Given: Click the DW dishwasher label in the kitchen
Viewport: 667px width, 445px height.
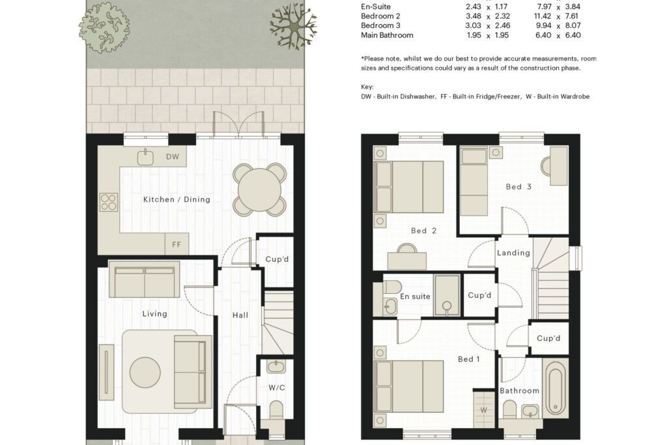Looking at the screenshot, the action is tap(173, 157).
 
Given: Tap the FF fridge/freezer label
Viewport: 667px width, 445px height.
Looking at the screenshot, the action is tap(177, 244).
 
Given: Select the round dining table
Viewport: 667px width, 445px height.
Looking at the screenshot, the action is tap(259, 189).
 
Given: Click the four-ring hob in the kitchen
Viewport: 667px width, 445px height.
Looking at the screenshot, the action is tap(109, 203).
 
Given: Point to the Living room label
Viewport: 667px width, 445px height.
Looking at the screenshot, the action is tap(154, 314).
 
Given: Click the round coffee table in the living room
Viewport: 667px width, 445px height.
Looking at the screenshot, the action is tap(145, 373).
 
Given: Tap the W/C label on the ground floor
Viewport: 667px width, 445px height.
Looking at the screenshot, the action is tap(276, 388).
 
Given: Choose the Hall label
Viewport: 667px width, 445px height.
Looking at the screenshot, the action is tap(240, 315).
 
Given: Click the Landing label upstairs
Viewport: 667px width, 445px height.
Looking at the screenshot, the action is tap(513, 253).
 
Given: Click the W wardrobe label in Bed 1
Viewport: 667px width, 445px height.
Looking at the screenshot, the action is tap(484, 410).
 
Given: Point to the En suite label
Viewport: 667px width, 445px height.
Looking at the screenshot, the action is tap(415, 296).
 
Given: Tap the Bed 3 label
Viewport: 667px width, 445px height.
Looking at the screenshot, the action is tap(518, 187).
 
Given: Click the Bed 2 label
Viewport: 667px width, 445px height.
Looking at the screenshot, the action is tap(423, 231).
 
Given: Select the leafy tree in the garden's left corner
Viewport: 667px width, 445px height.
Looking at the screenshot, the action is tap(104, 27).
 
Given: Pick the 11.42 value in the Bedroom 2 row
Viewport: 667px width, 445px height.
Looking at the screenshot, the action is tap(543, 16).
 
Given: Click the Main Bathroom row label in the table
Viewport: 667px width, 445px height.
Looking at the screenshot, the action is tap(387, 35).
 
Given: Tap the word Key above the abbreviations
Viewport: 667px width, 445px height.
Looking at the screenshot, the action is tap(367, 87).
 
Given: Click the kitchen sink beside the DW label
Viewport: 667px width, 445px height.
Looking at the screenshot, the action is tap(145, 157).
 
